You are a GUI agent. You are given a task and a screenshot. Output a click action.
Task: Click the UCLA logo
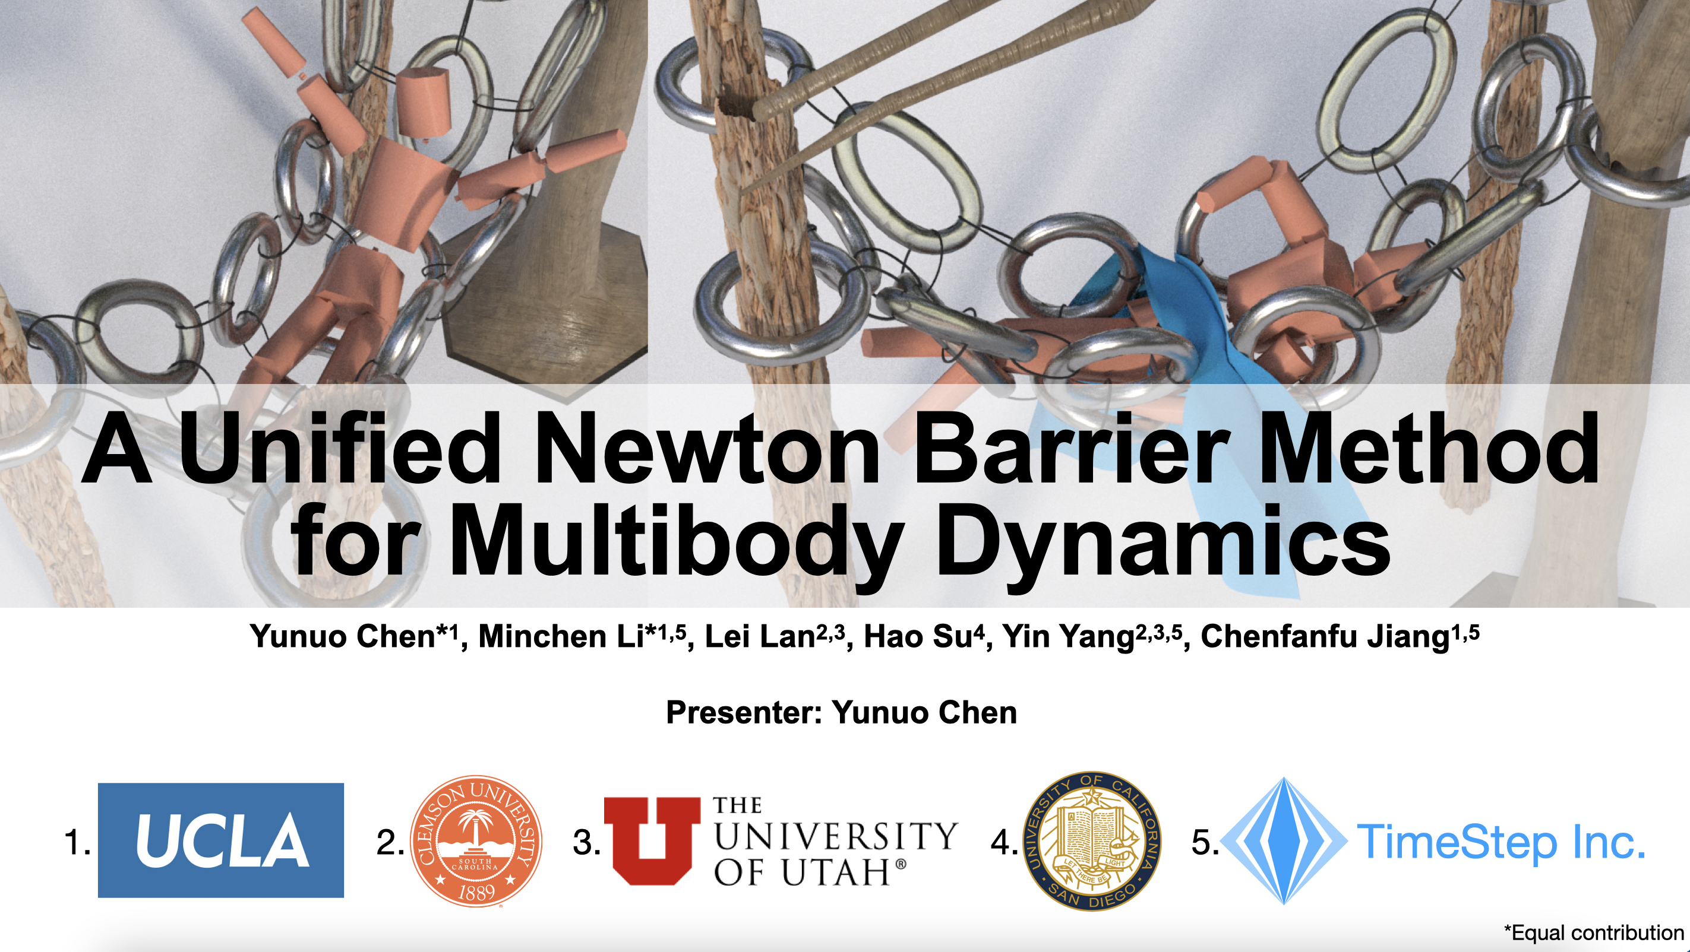click(x=220, y=840)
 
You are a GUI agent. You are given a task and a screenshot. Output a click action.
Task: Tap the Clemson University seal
click(x=476, y=841)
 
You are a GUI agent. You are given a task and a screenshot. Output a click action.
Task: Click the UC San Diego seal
click(x=1092, y=840)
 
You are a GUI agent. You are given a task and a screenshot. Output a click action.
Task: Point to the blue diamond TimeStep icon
click(x=1284, y=841)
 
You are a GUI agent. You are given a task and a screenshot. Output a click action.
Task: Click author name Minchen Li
click(x=562, y=637)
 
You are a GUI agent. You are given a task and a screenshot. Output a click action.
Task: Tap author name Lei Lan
click(x=760, y=637)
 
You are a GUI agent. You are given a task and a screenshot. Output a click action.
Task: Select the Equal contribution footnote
click(x=1594, y=932)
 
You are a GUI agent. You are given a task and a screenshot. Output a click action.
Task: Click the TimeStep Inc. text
click(x=1501, y=842)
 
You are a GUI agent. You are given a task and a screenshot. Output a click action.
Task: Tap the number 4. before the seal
click(x=1004, y=843)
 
